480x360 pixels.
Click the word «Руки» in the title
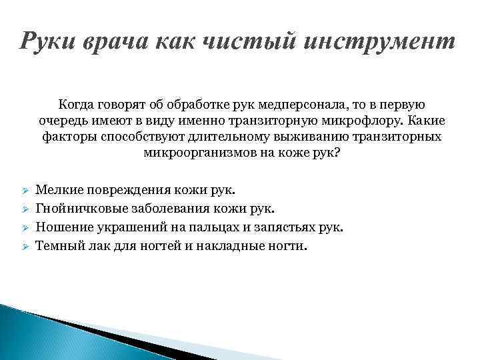click(x=49, y=41)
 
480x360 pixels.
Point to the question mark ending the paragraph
click(x=337, y=153)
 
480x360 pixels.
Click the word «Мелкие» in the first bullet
click(x=55, y=191)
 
